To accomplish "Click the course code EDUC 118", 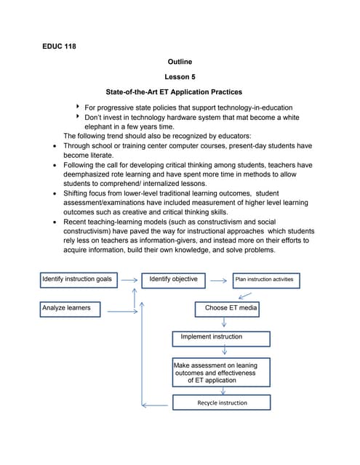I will point(59,46).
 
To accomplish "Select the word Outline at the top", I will point(180,62).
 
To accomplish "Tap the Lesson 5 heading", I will point(180,77).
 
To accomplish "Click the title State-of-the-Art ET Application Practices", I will point(174,92).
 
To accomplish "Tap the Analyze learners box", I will point(79,309).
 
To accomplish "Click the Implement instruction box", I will point(221,338).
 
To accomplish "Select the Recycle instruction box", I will point(221,403).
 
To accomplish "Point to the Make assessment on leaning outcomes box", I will point(220,372).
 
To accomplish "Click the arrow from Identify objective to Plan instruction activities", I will point(219,280).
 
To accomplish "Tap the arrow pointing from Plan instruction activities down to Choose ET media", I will point(245,295).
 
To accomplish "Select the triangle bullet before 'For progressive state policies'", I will point(78,107).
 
